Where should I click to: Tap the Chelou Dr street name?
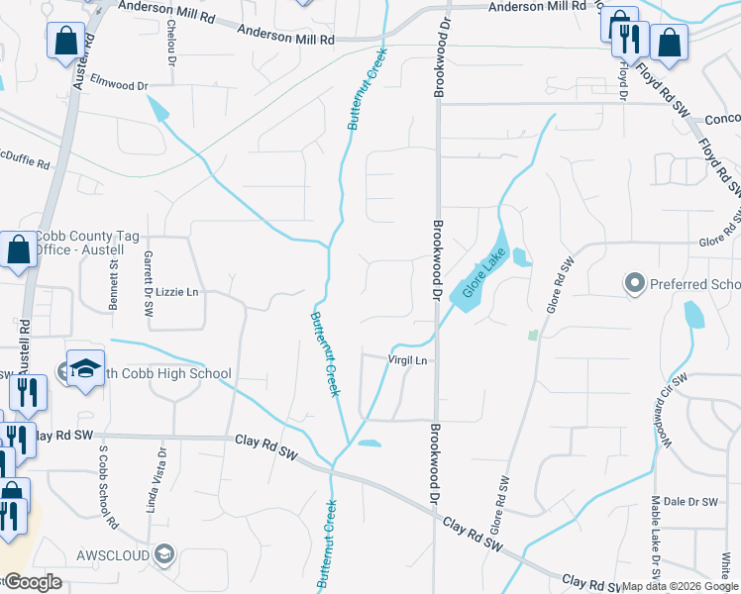[x=171, y=40]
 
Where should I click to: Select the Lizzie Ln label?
[x=178, y=292]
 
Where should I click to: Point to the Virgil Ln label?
[x=407, y=360]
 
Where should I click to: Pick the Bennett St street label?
[x=114, y=282]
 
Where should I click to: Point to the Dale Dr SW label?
[x=689, y=502]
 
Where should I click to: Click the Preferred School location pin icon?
[x=634, y=284]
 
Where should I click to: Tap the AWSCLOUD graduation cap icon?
[x=163, y=553]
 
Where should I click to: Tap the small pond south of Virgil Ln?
[x=369, y=443]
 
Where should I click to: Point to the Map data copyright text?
[x=680, y=586]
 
